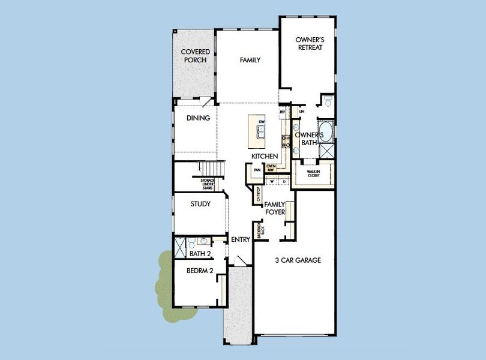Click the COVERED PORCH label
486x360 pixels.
pyautogui.click(x=196, y=56)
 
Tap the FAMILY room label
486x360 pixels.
pyautogui.click(x=250, y=60)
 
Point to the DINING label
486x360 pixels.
pyautogui.click(x=198, y=118)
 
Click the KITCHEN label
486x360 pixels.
pyautogui.click(x=265, y=156)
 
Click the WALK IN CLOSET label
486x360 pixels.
pyautogui.click(x=313, y=174)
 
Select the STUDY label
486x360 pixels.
pyautogui.click(x=200, y=204)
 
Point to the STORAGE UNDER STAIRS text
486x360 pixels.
pyautogui.click(x=208, y=184)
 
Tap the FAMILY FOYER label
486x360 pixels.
pyautogui.click(x=275, y=208)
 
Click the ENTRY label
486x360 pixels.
pyautogui.click(x=241, y=239)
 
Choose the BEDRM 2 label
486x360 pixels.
pyautogui.click(x=200, y=271)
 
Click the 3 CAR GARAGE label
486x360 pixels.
pyautogui.click(x=298, y=260)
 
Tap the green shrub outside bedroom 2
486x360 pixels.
pyautogui.click(x=164, y=279)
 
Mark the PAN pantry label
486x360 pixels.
pyautogui.click(x=257, y=170)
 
